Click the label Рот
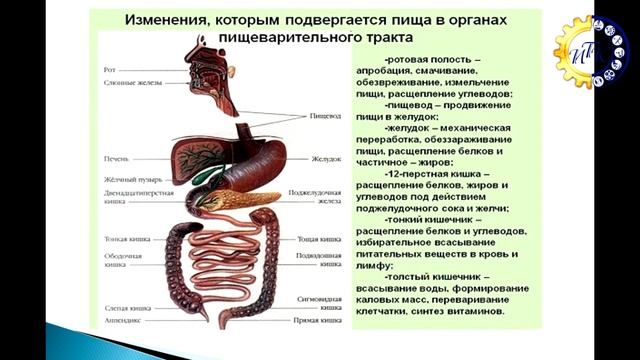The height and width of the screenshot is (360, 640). (x=109, y=69)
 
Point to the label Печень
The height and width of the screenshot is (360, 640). (x=114, y=159)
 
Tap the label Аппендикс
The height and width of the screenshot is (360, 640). (x=122, y=322)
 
